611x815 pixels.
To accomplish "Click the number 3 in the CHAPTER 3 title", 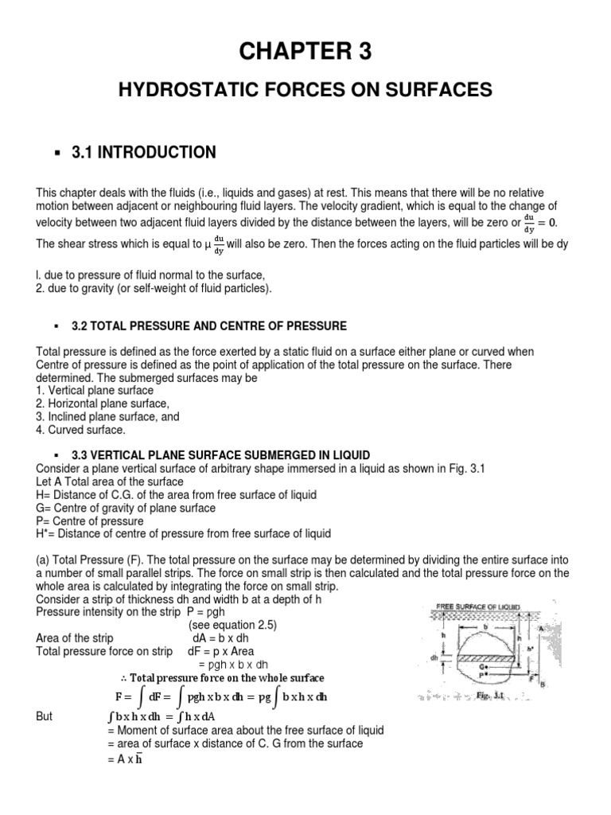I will [x=360, y=52].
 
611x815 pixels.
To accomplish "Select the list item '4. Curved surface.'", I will [x=81, y=430].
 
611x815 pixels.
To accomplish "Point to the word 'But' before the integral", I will [x=45, y=716].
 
